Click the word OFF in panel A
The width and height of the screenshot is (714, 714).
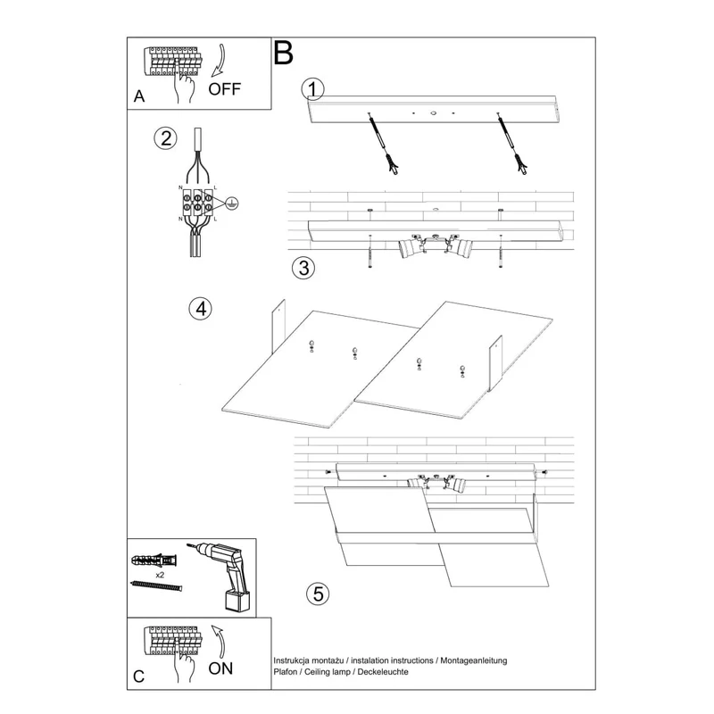pos(224,88)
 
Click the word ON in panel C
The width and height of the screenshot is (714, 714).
pos(220,668)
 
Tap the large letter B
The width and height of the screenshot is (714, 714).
pos(283,53)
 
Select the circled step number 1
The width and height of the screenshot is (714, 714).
pos(313,89)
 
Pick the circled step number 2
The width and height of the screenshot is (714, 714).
pos(165,138)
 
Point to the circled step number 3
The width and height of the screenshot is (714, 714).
pos(303,268)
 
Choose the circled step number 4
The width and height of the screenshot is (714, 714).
pos(200,309)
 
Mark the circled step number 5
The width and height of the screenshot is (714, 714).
pos(318,594)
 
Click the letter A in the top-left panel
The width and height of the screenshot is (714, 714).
pos(139,96)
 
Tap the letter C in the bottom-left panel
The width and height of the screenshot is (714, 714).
pos(139,677)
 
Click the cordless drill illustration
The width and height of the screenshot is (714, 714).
pos(221,576)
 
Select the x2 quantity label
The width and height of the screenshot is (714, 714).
pos(160,575)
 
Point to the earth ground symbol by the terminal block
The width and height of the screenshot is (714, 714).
pos(232,203)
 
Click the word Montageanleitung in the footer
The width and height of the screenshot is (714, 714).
pos(474,660)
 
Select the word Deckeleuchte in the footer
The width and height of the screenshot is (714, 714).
pos(383,672)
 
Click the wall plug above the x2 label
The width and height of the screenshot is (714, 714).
pos(154,560)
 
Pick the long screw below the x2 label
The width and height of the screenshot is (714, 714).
pos(157,585)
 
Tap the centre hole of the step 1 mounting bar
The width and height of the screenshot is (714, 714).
pos(433,112)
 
